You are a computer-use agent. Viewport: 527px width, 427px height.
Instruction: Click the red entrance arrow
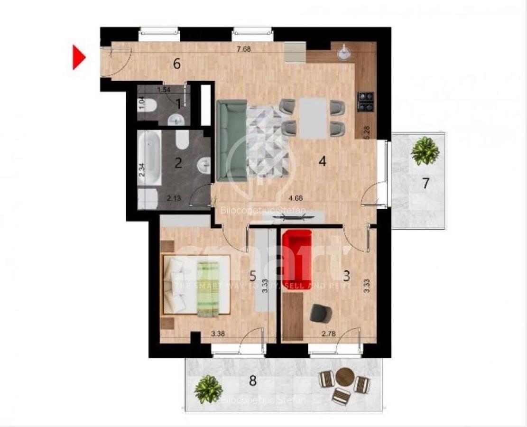click(78, 57)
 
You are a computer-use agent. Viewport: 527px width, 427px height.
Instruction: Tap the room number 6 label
click(177, 64)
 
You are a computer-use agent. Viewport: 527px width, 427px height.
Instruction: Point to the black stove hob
click(366, 101)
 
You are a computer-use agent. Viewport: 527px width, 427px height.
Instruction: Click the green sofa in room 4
click(231, 140)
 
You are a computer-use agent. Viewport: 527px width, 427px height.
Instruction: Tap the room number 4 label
click(323, 162)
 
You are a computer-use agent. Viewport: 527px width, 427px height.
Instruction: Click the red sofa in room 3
click(297, 259)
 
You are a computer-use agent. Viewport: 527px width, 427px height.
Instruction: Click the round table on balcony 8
click(344, 378)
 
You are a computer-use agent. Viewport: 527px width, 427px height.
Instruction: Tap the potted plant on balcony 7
click(425, 151)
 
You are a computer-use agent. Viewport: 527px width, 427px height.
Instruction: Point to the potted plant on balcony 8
click(208, 389)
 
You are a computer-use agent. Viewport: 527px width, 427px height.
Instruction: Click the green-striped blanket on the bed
click(207, 286)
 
